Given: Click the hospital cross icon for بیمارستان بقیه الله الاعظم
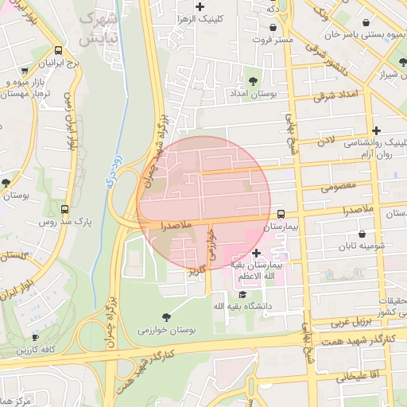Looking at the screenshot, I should [255, 253].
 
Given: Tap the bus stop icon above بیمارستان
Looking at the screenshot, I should [281, 214].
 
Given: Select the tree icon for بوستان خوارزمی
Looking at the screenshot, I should [165, 316].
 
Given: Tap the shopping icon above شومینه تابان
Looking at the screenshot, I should [363, 235].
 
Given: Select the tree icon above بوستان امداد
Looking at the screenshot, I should [254, 81].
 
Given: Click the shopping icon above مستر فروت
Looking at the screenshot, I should [273, 28].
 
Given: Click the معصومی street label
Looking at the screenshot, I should [337, 188].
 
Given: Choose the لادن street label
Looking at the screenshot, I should [326, 141].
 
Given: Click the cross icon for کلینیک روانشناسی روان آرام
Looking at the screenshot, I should [376, 130].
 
